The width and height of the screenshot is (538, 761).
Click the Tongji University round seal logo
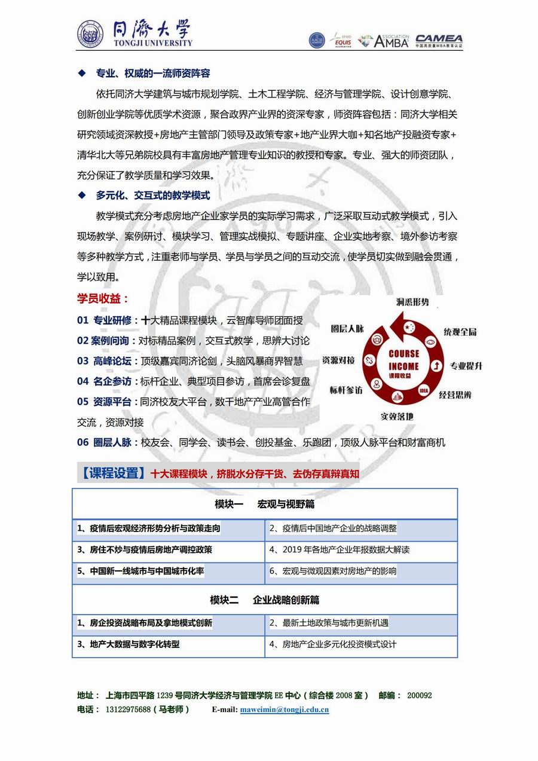[x=90, y=35]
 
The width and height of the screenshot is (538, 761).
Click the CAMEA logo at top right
[x=439, y=41]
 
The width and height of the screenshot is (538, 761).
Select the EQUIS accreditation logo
[x=343, y=41]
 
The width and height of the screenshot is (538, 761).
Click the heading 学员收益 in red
[x=103, y=299]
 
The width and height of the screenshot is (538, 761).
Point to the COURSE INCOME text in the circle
[x=403, y=360]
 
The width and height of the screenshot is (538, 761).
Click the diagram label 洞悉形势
[x=412, y=302]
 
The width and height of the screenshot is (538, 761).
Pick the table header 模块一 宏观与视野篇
[x=265, y=504]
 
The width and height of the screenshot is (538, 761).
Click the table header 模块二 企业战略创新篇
[x=265, y=600]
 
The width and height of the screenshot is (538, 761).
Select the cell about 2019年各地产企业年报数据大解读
[x=340, y=549]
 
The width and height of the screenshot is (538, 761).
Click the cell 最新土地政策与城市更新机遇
[x=329, y=623]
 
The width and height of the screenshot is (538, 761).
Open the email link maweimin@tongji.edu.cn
[x=284, y=710]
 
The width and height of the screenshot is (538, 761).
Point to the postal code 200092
[x=419, y=695]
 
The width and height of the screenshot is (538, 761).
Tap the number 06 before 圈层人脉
[x=82, y=442]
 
